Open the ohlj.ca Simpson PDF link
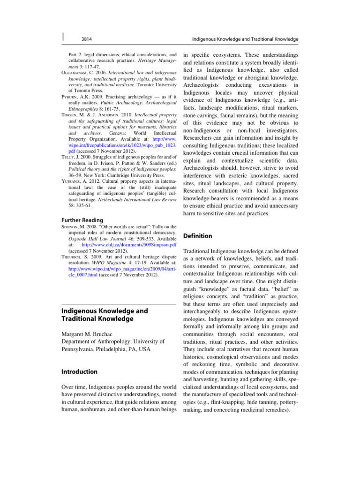tap(121, 244)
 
